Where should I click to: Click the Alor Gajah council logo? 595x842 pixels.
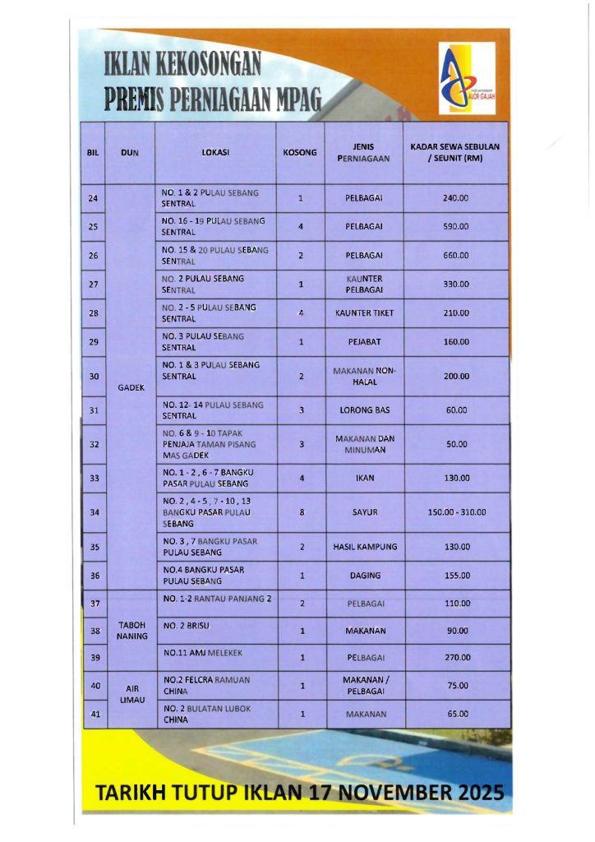[466, 77]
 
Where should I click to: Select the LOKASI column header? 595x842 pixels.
[214, 152]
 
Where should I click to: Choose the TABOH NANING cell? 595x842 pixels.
[131, 630]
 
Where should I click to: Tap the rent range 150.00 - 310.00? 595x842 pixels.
[456, 511]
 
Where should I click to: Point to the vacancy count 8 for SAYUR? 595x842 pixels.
[302, 511]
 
